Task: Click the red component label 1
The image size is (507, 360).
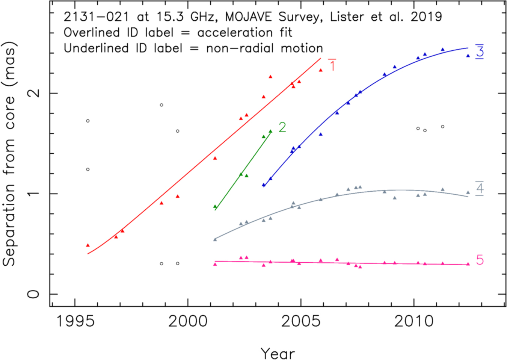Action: (332, 66)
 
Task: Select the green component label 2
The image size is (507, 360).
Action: (282, 127)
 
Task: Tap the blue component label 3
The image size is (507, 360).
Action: (480, 52)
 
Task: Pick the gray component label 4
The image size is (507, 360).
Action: (480, 188)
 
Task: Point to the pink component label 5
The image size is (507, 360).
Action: (480, 260)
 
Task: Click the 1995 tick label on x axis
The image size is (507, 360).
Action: (75, 321)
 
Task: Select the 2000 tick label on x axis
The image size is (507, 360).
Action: (188, 321)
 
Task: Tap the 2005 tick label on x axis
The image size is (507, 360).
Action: (301, 321)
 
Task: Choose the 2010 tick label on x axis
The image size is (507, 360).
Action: (414, 321)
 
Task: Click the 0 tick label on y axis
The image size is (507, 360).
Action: (33, 294)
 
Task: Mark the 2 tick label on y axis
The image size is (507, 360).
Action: (33, 93)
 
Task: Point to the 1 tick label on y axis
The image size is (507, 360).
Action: (33, 194)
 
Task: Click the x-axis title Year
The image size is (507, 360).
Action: (278, 354)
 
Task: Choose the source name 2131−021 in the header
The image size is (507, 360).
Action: (96, 17)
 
